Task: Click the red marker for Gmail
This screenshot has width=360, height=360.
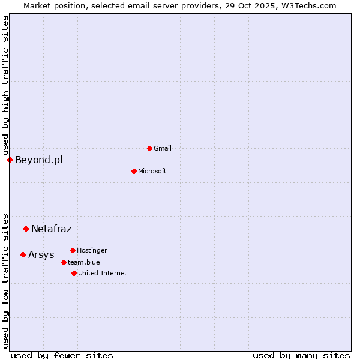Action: coord(149,148)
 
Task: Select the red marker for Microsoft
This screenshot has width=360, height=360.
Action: coord(134,171)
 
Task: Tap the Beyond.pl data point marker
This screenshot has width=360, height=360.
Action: coord(10,160)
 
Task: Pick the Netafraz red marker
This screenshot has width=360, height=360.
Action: coord(26,229)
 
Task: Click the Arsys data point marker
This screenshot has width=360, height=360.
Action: coord(23,254)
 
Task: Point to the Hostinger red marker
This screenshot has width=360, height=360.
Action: coord(73,250)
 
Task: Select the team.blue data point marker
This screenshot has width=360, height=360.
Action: coord(64,262)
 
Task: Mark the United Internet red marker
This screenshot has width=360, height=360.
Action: coord(74,273)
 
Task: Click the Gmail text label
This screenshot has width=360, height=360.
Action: coord(163,148)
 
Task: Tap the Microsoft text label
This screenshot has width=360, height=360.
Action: coord(152,171)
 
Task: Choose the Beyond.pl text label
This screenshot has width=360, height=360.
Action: coord(38,160)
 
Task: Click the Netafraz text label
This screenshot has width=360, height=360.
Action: coord(52,229)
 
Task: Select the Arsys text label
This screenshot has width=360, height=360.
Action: coord(41,254)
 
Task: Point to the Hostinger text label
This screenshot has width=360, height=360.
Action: coord(92,250)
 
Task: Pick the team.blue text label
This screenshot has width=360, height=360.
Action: coord(84,262)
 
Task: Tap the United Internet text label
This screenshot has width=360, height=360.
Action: coord(103,273)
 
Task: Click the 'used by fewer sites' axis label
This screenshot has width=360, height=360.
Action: coord(62,355)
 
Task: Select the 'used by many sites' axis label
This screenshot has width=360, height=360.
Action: coord(301,355)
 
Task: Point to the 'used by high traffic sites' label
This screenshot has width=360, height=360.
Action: coord(5,86)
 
